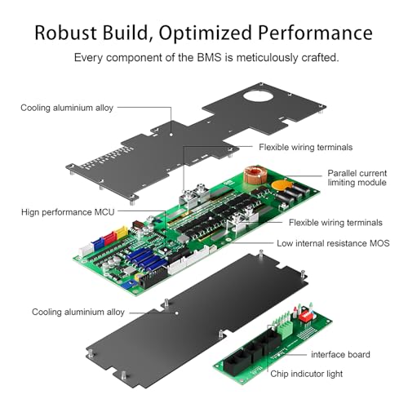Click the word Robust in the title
[x=75, y=33]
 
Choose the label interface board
[x=340, y=354]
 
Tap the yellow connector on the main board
[x=121, y=233]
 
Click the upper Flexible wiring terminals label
[x=305, y=148]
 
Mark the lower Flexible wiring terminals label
[x=335, y=222]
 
